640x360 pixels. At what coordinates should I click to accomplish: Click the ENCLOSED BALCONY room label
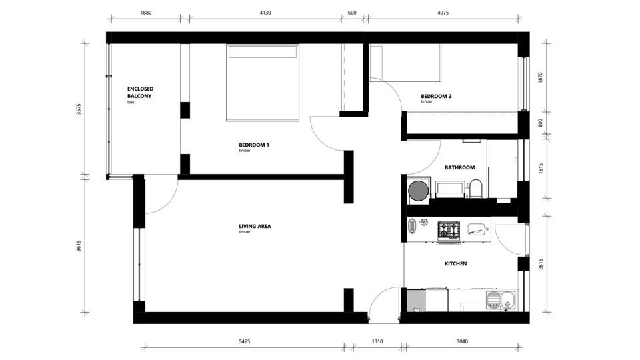point(140,92)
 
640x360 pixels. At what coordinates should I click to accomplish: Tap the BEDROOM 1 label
point(254,145)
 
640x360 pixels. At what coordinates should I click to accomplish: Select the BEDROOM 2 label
point(436,96)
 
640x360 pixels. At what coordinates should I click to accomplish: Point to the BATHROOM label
point(459,167)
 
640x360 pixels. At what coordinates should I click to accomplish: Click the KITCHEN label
point(455,264)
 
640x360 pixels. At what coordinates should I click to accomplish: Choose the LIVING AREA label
point(255,226)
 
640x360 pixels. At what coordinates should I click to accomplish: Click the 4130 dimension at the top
point(265,13)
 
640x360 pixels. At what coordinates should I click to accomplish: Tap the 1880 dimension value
point(146,13)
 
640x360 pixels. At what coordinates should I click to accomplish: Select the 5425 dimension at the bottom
point(244,341)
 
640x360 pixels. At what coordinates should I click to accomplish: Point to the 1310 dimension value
point(377,341)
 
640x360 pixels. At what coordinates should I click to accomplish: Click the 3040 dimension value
point(462,341)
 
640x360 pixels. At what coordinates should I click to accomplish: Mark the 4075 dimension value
point(443,13)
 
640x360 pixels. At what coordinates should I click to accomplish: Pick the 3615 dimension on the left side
point(79,245)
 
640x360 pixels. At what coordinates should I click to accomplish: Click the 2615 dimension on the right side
point(541,264)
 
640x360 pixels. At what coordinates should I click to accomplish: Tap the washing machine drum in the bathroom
point(419,191)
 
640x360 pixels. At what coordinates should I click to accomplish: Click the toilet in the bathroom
point(475,188)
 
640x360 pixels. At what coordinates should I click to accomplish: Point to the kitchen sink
point(501,300)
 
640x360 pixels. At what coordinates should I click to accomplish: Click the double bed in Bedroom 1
point(263,83)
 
